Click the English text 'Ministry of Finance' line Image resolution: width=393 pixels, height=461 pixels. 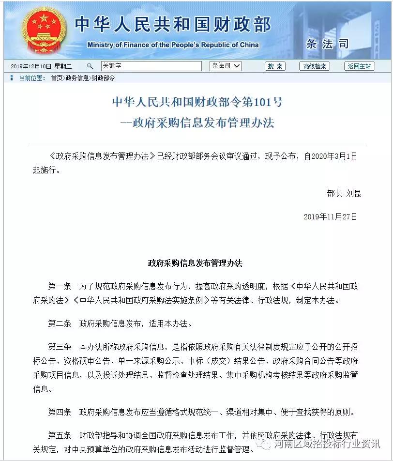tap(173, 45)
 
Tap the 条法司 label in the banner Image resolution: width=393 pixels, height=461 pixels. tap(327, 44)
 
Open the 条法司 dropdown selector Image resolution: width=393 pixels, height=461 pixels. tap(226, 66)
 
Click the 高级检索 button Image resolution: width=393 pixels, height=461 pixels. tap(314, 66)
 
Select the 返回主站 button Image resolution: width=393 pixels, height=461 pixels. tap(359, 66)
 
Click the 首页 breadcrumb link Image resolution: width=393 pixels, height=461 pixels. tap(57, 78)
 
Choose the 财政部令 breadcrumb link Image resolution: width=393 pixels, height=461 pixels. tap(103, 78)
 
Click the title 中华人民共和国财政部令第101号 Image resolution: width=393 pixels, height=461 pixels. tap(197, 102)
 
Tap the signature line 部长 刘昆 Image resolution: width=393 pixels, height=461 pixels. tap(344, 194)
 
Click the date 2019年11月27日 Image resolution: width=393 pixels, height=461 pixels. tap(330, 217)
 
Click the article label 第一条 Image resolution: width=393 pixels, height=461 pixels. tap(60, 287)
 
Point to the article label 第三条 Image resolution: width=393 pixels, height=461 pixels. tap(60, 347)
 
